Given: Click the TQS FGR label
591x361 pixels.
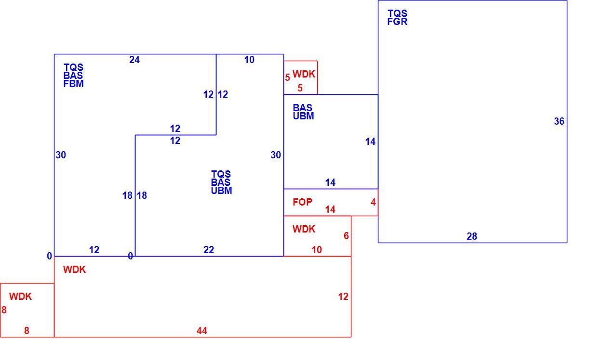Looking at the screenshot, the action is point(397,17).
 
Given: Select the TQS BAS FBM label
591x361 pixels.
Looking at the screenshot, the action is point(73,76).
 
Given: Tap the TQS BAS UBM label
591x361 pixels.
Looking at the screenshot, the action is point(221,182).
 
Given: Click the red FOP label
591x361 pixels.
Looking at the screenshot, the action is point(302,202).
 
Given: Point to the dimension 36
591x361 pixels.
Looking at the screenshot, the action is point(559,121).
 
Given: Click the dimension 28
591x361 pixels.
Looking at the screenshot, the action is point(472,236).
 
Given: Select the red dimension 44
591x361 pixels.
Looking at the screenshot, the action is point(202,330).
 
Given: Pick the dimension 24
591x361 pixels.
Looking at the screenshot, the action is point(134,60).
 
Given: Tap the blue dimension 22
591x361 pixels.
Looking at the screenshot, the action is point(209,250).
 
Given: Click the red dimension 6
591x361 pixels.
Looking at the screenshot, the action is point(346,236).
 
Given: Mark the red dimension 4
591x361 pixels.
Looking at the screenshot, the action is point(373,202).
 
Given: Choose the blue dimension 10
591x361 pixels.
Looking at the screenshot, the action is point(249,60).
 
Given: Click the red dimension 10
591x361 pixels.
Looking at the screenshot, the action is point(317,250).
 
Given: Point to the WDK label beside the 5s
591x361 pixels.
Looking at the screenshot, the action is point(304,74).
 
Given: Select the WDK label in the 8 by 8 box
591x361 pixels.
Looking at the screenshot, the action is point(20,297).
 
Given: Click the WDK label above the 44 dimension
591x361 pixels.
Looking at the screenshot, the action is point(74,270).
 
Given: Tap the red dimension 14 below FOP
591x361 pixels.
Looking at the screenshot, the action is point(330,209).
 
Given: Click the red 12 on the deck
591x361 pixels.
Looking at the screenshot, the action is point(343,297).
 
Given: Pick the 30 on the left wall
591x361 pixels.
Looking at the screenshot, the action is point(61,155).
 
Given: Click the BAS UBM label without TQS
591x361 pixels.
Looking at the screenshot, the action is point(303,112).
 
